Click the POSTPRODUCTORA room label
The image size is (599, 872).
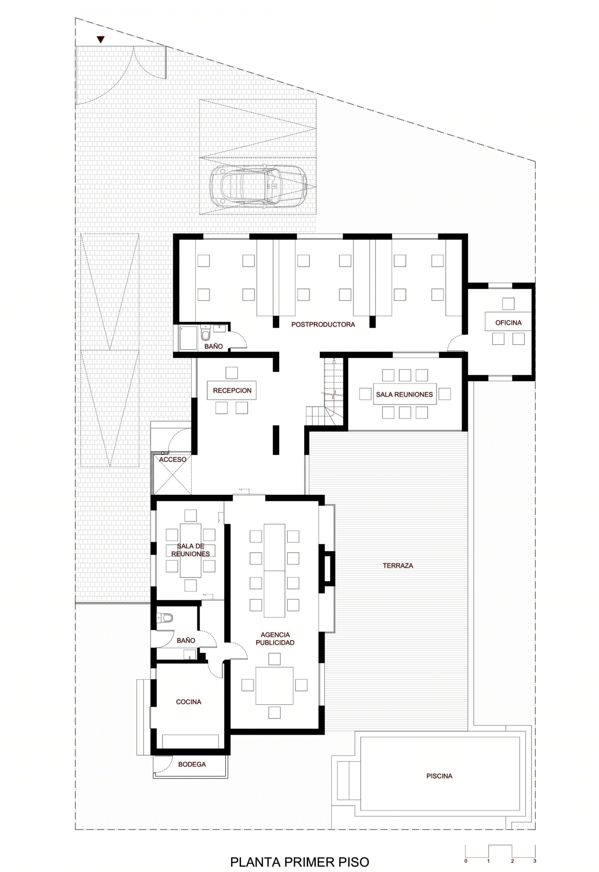click(x=323, y=324)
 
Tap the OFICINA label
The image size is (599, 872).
click(x=508, y=322)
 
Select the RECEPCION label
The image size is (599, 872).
click(x=232, y=390)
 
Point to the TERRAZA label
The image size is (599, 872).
click(x=398, y=566)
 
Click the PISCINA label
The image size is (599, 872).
click(x=439, y=776)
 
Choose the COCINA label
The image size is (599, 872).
click(x=188, y=702)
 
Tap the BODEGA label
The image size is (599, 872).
click(x=192, y=765)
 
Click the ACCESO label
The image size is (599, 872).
click(x=173, y=460)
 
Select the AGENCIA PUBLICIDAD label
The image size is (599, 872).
click(x=275, y=639)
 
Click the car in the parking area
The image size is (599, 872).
click(x=259, y=186)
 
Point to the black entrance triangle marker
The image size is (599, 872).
click(x=101, y=40)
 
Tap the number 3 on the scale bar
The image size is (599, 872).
click(x=535, y=850)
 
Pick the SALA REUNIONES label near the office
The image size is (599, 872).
click(x=404, y=394)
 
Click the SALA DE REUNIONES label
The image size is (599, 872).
click(x=190, y=550)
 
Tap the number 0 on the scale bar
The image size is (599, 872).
click(x=466, y=850)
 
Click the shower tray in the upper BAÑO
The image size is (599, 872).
click(x=188, y=339)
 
